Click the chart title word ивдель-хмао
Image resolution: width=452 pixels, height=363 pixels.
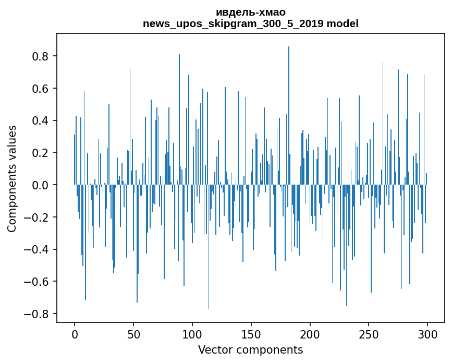(250, 12)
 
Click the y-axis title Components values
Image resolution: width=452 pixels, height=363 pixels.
(12, 178)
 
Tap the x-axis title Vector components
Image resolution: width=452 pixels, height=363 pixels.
(250, 349)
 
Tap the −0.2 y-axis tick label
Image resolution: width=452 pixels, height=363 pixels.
(38, 217)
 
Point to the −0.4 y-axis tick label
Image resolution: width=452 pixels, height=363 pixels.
(38, 249)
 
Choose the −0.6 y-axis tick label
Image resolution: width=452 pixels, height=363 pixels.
(38, 282)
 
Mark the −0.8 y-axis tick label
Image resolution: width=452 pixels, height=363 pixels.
(38, 314)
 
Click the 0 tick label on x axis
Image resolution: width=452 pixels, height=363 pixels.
(75, 333)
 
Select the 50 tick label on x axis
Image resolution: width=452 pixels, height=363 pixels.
(133, 333)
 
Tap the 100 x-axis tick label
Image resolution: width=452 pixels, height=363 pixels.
(192, 333)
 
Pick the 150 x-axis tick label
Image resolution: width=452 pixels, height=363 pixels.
(251, 333)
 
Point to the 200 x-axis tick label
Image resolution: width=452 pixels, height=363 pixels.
(310, 333)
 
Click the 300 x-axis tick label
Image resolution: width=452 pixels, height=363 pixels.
(428, 333)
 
